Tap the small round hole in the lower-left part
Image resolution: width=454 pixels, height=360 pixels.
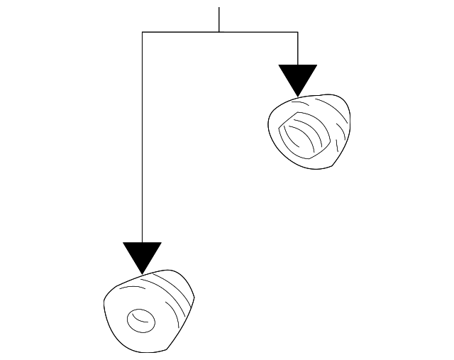pos(140,320)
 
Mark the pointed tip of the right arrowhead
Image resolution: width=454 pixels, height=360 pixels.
pos(298,97)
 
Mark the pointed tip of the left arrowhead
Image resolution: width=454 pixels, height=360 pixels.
pos(142,273)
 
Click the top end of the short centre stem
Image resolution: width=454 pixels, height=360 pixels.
pos(219,8)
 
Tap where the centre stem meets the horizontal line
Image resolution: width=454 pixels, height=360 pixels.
pos(219,32)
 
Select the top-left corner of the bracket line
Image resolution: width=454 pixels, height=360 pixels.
pos(143,32)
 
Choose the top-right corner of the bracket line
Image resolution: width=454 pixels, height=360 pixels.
pos(297,32)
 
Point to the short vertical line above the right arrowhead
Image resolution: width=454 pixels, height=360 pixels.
pos(297,48)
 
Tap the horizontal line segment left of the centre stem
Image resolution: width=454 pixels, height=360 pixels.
pos(181,32)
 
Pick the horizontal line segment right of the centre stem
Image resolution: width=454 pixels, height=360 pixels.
pos(259,32)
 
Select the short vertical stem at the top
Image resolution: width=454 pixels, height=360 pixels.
pos(219,20)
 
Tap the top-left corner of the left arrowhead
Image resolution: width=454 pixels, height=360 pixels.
pos(123,243)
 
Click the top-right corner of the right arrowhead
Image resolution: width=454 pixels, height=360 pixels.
pos(316,65)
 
